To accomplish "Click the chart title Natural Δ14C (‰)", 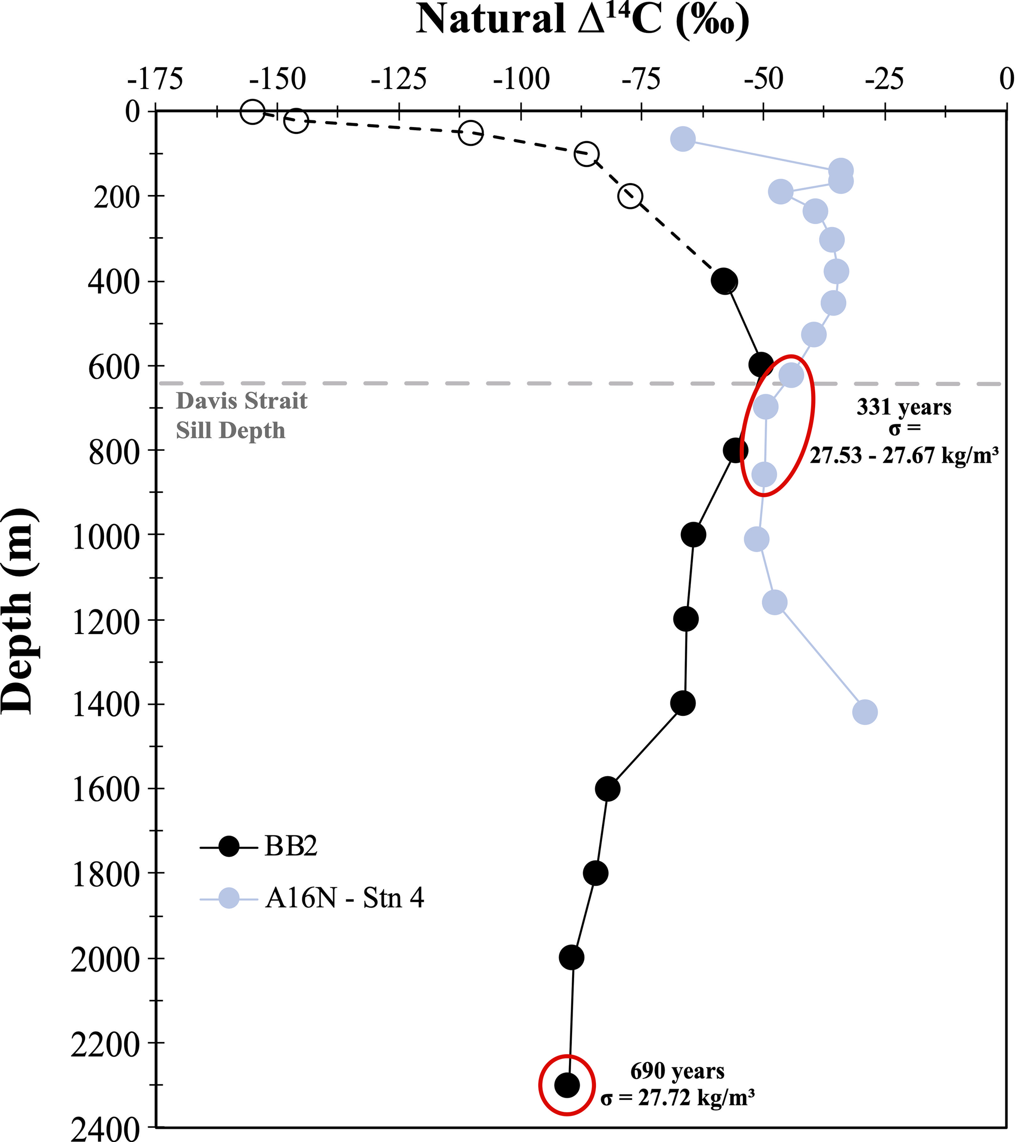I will click(x=583, y=20).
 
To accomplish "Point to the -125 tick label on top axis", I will click(x=398, y=80).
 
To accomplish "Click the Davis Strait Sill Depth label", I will click(x=241, y=416).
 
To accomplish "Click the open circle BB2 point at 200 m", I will click(x=630, y=196).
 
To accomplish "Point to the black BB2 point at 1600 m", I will click(x=608, y=789).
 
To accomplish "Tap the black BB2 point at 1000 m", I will click(x=693, y=534).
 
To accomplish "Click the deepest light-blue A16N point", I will click(x=865, y=712).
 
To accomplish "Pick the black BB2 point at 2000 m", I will click(x=571, y=957).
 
